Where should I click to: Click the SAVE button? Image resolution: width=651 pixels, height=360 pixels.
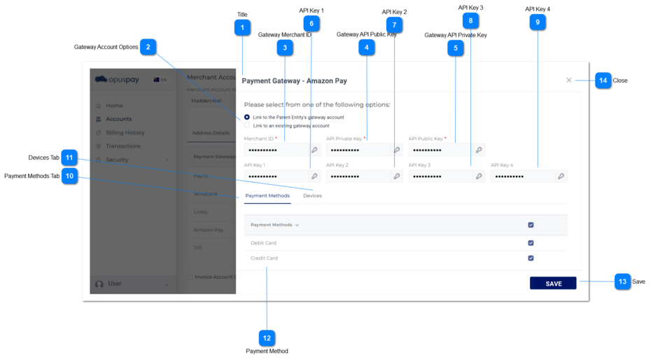coord(553,283)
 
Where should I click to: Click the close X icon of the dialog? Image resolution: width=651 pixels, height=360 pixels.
coord(569,81)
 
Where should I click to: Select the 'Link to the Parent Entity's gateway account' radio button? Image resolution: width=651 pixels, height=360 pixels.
coord(247,117)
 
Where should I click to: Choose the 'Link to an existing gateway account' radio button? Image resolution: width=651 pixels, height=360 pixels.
coord(247,126)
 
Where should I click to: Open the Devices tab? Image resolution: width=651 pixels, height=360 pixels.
coord(312,196)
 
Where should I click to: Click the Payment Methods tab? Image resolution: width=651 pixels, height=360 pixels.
coord(267,196)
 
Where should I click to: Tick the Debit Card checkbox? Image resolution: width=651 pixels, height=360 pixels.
coord(531,243)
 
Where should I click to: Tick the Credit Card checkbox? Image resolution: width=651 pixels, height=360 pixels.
coord(531,258)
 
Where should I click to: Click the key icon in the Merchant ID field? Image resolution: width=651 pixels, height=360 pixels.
coord(314,150)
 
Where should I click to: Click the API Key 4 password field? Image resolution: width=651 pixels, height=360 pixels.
coord(522,176)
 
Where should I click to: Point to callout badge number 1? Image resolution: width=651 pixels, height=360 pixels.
coord(242,28)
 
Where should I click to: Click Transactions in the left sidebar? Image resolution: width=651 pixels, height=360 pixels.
coord(123,146)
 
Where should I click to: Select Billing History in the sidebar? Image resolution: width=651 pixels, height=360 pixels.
coord(125,132)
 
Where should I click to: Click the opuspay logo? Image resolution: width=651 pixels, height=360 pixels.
coord(118,80)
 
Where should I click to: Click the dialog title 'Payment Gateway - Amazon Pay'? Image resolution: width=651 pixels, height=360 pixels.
coord(294,81)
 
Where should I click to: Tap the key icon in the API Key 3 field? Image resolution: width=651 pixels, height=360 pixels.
coord(479,176)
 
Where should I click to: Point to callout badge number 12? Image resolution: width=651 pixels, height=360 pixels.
coord(267,338)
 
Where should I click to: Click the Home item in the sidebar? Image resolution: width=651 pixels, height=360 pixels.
coord(114,106)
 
